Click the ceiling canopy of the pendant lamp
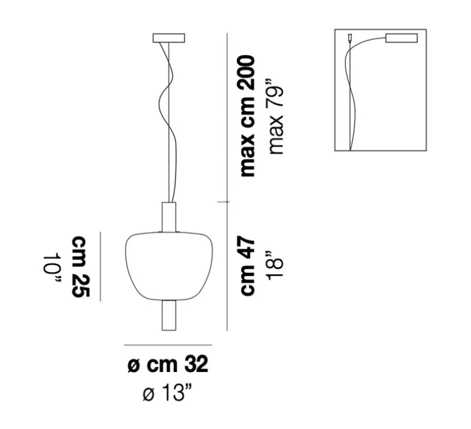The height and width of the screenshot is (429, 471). pos(169,38)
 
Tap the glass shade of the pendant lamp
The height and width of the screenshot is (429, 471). pos(169,266)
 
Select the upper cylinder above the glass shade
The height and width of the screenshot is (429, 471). pos(169,217)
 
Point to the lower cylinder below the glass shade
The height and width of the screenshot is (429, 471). pos(169,315)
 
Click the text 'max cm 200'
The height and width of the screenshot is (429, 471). pos(248,116)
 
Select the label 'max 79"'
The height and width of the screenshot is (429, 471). pos(275,117)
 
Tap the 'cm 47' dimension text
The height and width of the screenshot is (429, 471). pos(248,265)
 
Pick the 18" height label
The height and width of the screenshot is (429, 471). pos(275,265)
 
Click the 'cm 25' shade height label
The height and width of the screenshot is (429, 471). pos(80,266)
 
